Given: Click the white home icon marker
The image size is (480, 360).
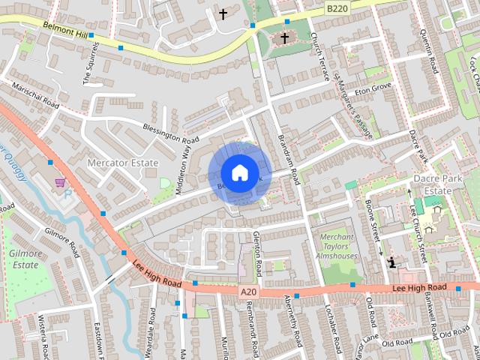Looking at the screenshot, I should (239, 172).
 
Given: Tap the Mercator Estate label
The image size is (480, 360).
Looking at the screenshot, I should (122, 163).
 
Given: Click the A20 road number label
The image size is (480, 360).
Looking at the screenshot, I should (248, 291).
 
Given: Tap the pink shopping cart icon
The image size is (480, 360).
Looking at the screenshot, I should (59, 182).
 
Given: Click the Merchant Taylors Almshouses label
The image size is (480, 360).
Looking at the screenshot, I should (337, 247).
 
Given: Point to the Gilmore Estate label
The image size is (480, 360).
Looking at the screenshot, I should (23, 259).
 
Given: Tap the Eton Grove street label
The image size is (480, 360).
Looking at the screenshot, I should (373, 88).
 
